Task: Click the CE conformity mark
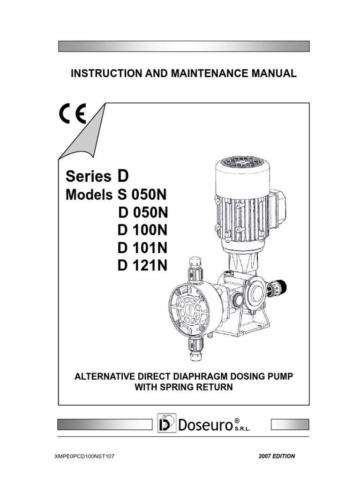pos(72,114)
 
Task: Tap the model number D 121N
pos(143,266)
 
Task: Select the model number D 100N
pos(143,230)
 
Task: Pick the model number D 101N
pos(143,248)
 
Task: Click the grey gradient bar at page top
pos(183,46)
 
